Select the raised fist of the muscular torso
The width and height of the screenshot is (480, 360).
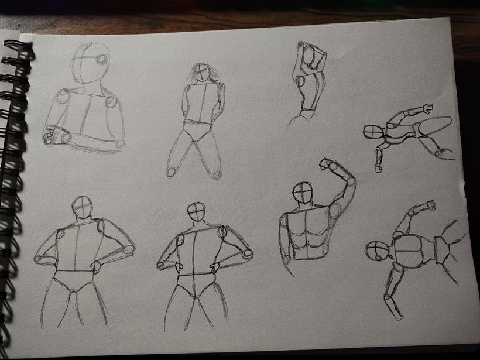pos(326,164)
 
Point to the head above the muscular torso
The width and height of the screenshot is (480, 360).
pos(303,192)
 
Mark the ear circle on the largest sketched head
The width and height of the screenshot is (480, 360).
pos(102,60)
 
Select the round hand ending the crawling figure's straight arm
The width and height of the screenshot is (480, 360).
pos(379,169)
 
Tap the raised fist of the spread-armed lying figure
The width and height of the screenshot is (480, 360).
pos(430,205)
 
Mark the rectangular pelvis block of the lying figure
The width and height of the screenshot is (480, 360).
pos(442,250)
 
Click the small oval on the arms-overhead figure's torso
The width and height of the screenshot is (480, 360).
pos(301,81)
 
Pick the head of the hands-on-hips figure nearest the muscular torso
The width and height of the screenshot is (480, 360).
pos(197,211)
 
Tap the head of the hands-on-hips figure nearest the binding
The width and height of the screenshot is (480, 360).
pos(83,206)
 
